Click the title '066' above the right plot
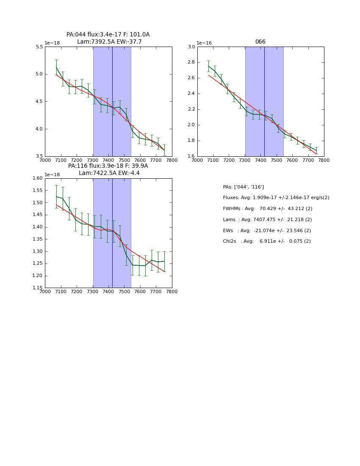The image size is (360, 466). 260,42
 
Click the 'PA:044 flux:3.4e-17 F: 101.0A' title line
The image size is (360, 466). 108,35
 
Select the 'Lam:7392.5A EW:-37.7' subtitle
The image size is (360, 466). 109,42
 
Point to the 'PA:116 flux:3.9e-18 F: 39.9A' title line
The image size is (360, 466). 108,166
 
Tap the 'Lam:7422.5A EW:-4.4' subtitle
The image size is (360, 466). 109,173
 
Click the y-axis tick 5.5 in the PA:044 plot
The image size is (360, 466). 39,47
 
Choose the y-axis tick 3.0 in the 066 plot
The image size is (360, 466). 191,47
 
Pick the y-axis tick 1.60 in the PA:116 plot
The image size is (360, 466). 37,178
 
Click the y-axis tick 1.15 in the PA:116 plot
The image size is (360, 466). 37,288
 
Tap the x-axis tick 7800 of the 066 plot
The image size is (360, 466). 324,160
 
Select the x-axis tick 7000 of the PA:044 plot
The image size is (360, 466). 45,160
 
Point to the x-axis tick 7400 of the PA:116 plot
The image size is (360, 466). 108,291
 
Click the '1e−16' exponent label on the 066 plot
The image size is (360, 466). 205,43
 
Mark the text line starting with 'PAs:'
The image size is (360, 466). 244,187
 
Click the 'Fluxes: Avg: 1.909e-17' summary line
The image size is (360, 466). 276,198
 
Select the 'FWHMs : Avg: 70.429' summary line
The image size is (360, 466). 268,209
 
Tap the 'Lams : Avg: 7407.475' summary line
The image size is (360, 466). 267,220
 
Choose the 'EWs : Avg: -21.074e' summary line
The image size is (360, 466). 267,231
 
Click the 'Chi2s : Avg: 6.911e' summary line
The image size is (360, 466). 267,241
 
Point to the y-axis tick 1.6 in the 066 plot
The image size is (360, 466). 191,156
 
